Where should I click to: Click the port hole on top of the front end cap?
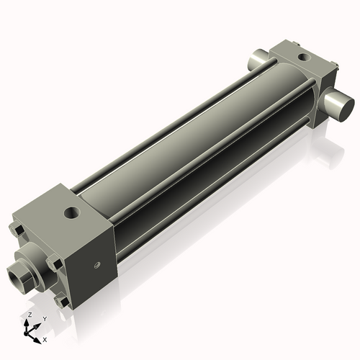[x=71, y=212]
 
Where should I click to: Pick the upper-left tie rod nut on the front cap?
[x=17, y=230]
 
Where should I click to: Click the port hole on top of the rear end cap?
[x=301, y=55]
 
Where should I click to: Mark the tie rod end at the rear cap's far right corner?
[x=334, y=68]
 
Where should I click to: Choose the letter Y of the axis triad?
[x=44, y=320]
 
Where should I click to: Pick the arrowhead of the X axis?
[x=38, y=337]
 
